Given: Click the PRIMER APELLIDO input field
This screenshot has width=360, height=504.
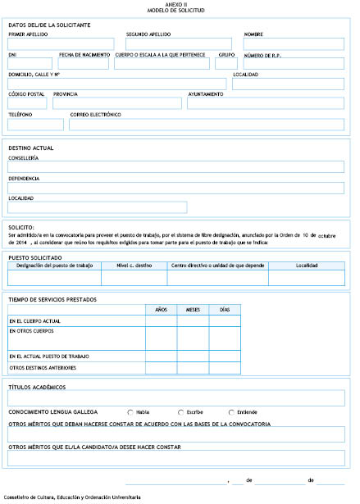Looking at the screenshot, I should pyautogui.click(x=61, y=43).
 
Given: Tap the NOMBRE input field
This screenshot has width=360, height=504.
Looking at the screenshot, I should pyautogui.click(x=294, y=43).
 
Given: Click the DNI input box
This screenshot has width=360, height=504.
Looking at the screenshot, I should pyautogui.click(x=31, y=63).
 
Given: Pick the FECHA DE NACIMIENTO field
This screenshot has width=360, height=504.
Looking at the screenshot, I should pyautogui.click(x=84, y=63).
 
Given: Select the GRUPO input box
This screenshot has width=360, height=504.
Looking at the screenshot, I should pyautogui.click(x=226, y=63).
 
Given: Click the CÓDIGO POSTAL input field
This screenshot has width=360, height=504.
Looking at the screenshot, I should pyautogui.click(x=28, y=103).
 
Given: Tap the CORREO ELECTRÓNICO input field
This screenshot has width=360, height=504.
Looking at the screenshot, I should pyautogui.click(x=207, y=124).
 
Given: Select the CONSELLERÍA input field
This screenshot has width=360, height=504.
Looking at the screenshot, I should pyautogui.click(x=175, y=166).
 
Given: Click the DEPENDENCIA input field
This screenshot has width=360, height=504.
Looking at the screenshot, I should pyautogui.click(x=175, y=187).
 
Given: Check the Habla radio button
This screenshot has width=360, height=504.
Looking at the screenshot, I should pyautogui.click(x=130, y=411).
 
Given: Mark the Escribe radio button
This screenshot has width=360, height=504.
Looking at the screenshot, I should pyautogui.click(x=180, y=411).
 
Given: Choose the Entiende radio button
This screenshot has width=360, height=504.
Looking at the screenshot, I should pyautogui.click(x=230, y=411).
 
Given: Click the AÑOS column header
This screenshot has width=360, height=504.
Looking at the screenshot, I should pyautogui.click(x=161, y=309).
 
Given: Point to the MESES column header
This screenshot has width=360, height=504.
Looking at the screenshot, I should pyautogui.click(x=193, y=309).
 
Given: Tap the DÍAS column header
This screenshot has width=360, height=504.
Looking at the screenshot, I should pyautogui.click(x=224, y=309).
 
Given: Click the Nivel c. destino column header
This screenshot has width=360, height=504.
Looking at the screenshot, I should pyautogui.click(x=134, y=266).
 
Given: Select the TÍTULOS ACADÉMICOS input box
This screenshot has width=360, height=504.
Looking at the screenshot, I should pyautogui.click(x=175, y=398).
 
